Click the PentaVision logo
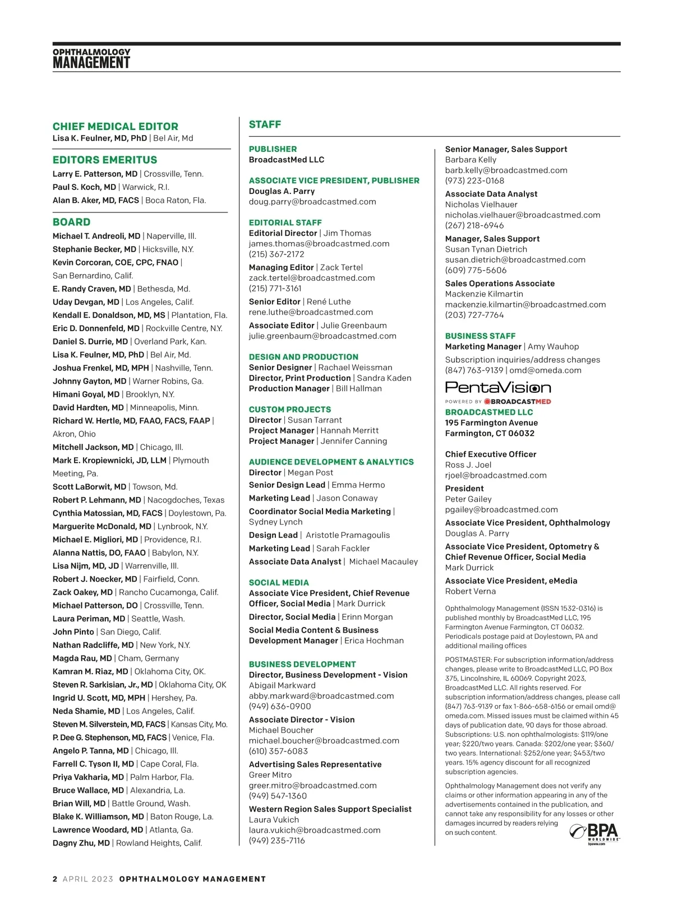(x=498, y=387)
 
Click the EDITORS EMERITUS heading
(x=105, y=160)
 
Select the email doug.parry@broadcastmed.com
(x=312, y=202)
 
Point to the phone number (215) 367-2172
(x=276, y=254)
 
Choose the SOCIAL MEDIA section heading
(x=279, y=583)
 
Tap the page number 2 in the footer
(x=55, y=879)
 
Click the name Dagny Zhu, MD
(x=81, y=843)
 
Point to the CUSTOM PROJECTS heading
(x=290, y=410)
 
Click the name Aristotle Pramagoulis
(x=348, y=535)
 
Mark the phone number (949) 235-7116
(x=277, y=841)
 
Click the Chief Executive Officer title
(x=491, y=454)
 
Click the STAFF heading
(x=265, y=124)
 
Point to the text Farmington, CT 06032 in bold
(x=490, y=433)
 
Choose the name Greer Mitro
(x=270, y=775)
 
